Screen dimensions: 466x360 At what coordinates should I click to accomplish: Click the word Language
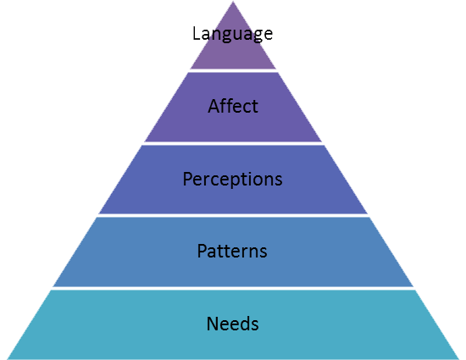[x=232, y=34]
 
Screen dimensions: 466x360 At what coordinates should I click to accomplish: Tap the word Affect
[x=233, y=106]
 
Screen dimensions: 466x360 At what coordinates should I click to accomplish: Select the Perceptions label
[x=232, y=179]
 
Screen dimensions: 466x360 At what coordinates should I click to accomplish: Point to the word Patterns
[x=232, y=251]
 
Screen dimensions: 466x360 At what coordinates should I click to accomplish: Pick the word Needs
[x=232, y=324]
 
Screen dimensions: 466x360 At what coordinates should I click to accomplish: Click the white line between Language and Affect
[x=233, y=70]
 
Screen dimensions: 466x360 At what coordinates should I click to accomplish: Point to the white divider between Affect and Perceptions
[x=233, y=143]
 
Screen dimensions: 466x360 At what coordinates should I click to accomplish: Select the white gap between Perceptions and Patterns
[x=233, y=215]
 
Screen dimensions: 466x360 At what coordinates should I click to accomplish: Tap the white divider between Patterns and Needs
[x=233, y=288]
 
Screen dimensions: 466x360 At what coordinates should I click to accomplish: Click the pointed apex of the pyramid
[x=233, y=2]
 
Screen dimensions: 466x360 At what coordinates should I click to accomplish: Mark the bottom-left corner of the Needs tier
[x=8, y=359]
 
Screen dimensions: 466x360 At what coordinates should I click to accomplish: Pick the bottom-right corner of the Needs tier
[x=459, y=359]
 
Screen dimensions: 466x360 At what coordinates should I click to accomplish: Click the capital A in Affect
[x=214, y=106]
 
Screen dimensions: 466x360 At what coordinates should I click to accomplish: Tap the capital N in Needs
[x=212, y=324]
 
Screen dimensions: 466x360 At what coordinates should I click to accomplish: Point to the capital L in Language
[x=197, y=33]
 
